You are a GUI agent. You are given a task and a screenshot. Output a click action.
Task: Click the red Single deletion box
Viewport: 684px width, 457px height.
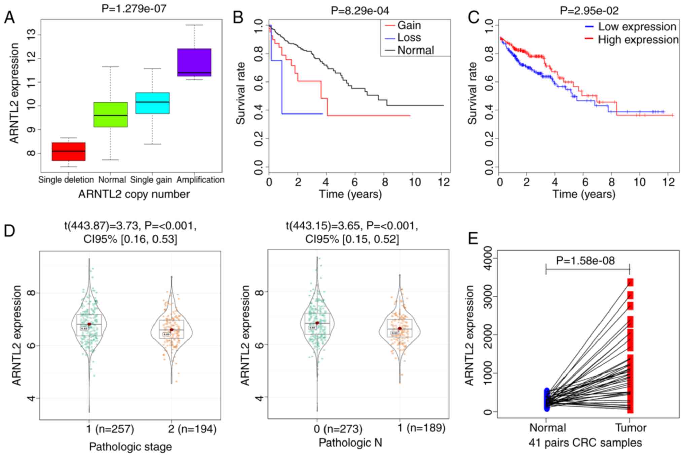(x=68, y=152)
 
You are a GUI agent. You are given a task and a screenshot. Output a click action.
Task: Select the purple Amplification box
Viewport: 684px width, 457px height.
(x=194, y=63)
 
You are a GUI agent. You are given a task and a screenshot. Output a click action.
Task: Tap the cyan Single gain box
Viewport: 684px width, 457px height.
(x=152, y=103)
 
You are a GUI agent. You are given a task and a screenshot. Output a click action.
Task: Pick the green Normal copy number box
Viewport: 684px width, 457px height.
(x=110, y=115)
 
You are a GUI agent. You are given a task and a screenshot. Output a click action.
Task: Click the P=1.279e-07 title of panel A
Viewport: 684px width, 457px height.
(x=134, y=8)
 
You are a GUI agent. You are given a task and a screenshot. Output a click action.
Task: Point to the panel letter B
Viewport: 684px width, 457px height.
(x=238, y=17)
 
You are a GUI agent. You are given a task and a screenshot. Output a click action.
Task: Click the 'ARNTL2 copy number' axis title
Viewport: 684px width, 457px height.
(x=134, y=194)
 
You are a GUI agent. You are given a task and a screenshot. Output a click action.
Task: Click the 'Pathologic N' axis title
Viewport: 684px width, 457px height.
(x=350, y=443)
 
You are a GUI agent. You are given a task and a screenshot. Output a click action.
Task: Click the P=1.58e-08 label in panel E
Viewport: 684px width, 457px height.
(x=585, y=261)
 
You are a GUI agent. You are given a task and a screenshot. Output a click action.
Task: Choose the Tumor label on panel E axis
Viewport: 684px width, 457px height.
(x=630, y=428)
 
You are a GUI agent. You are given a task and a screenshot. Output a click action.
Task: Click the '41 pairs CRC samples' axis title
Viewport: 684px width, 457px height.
(x=585, y=443)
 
